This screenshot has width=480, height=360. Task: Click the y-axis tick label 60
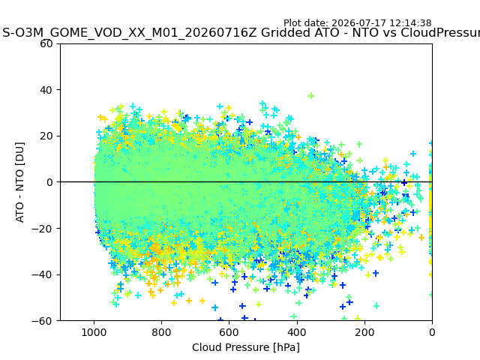pos(46,43)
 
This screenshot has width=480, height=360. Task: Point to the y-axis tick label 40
pos(46,90)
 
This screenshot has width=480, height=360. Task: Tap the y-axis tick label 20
pos(46,136)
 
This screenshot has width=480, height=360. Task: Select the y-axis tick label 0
pos(49,182)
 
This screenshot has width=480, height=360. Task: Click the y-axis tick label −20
pos(42,229)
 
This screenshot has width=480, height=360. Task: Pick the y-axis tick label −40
pos(42,275)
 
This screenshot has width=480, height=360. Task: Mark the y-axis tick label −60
pos(42,321)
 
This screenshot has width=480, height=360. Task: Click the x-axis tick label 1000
pos(94,332)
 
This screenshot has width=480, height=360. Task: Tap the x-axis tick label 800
pos(162,332)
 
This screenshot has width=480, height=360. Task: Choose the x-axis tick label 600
pos(229,332)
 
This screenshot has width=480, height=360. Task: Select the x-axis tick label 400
pos(297,332)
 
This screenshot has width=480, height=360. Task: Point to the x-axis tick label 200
pos(364,332)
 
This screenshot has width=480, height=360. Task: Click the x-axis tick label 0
pos(432,332)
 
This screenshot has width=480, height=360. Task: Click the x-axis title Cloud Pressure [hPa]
pos(246,348)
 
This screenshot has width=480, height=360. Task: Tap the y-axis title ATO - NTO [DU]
pos(19,182)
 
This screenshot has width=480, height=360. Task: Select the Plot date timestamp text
pos(358,23)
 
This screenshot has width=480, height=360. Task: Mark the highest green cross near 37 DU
pos(311,96)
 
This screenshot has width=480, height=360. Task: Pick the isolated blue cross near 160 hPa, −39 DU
pos(376,273)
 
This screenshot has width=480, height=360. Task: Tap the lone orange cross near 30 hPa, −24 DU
pos(421,237)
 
